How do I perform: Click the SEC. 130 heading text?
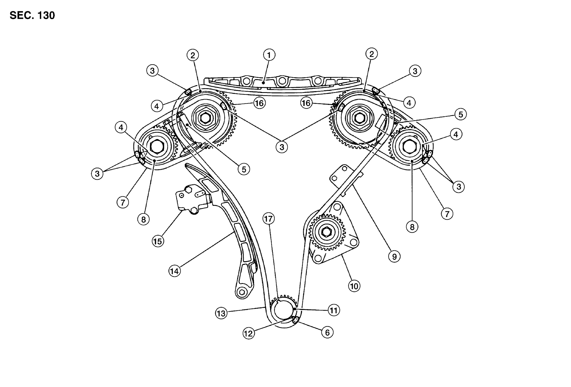pyautogui.click(x=32, y=16)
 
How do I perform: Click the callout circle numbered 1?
pyautogui.click(x=269, y=55)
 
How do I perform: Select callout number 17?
pyautogui.click(x=269, y=219)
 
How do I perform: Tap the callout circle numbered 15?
pyautogui.click(x=158, y=241)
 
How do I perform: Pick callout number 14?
pyautogui.click(x=175, y=271)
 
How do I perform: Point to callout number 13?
pyautogui.click(x=221, y=313)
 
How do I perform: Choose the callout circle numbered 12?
pyautogui.click(x=249, y=333)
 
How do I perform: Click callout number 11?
pyautogui.click(x=333, y=310)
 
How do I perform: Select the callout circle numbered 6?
pyautogui.click(x=327, y=332)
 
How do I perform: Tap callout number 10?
pyautogui.click(x=354, y=286)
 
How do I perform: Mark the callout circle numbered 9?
pyautogui.click(x=394, y=257)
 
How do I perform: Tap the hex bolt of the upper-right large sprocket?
pyautogui.click(x=359, y=117)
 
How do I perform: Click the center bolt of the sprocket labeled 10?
pyautogui.click(x=326, y=232)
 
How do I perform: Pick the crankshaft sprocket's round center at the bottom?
pyautogui.click(x=283, y=310)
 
